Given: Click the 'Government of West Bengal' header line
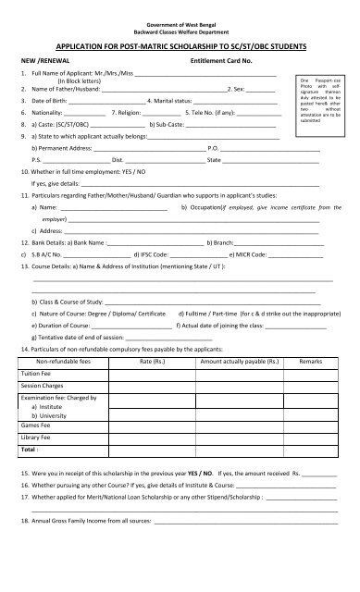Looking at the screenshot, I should pos(180,7).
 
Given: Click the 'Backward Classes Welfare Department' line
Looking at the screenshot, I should pos(180,16).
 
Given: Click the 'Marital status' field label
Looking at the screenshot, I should pos(181,99).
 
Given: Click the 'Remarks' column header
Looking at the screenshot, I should pos(311,364).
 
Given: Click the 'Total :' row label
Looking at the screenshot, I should pos(31,450).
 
